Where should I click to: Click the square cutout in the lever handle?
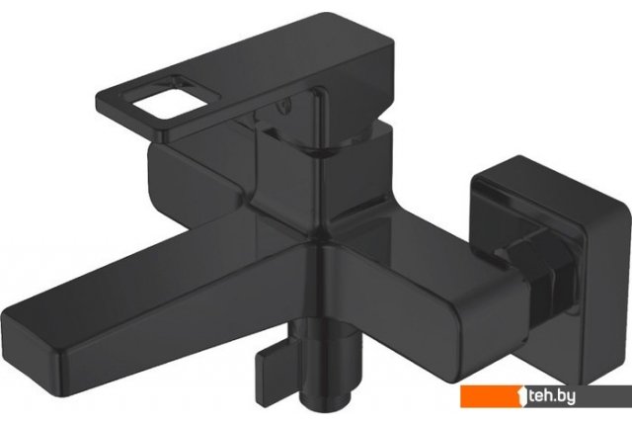point(169,102)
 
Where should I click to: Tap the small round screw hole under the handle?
point(285,105)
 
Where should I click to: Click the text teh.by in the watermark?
point(552,397)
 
